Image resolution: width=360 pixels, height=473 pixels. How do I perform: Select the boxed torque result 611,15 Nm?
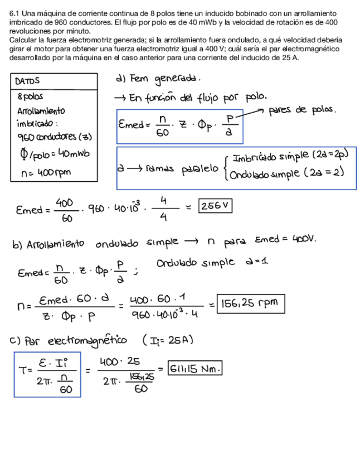pos(195,368)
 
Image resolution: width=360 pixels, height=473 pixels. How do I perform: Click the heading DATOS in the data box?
pos(28,81)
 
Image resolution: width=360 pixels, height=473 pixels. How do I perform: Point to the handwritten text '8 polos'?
pos(31,97)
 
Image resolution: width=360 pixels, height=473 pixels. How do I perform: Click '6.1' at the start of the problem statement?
pos(15,13)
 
